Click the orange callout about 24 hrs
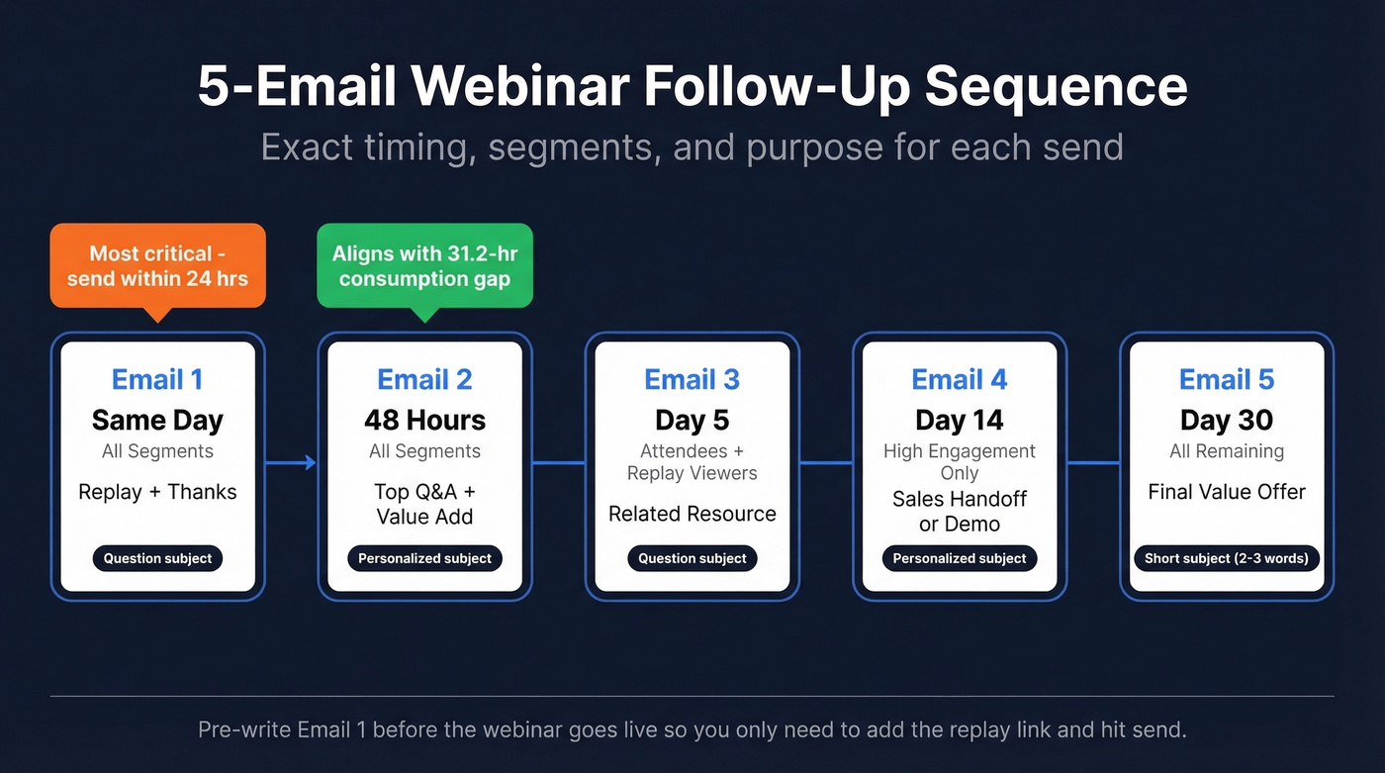click(x=157, y=265)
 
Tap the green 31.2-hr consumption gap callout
click(x=424, y=265)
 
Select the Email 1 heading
click(x=157, y=379)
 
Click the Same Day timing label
click(x=157, y=420)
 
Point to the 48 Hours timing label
click(x=424, y=420)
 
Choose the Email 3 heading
click(x=692, y=379)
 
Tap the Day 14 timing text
click(x=959, y=420)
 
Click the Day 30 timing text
click(x=1226, y=420)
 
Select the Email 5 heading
click(x=1226, y=379)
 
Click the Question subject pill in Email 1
click(x=157, y=558)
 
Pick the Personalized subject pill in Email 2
click(x=424, y=558)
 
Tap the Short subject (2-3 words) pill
click(x=1226, y=558)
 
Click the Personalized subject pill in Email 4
click(x=959, y=558)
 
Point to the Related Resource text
click(x=692, y=514)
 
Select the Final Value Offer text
click(x=1226, y=492)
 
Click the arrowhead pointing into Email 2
click(x=311, y=462)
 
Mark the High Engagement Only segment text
click(x=959, y=461)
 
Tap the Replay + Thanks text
click(x=157, y=492)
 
